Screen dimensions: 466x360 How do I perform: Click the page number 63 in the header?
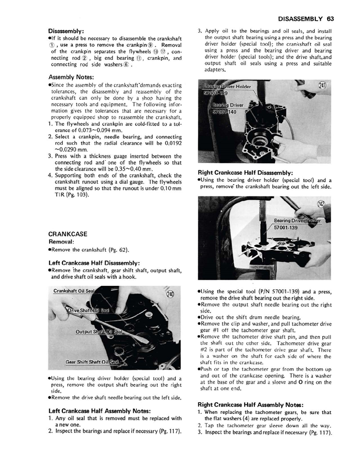point(330,19)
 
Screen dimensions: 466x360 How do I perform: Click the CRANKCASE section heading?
point(69,234)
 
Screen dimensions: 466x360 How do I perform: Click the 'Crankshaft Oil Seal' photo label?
point(74,291)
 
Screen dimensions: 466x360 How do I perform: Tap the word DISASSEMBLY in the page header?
point(299,19)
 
